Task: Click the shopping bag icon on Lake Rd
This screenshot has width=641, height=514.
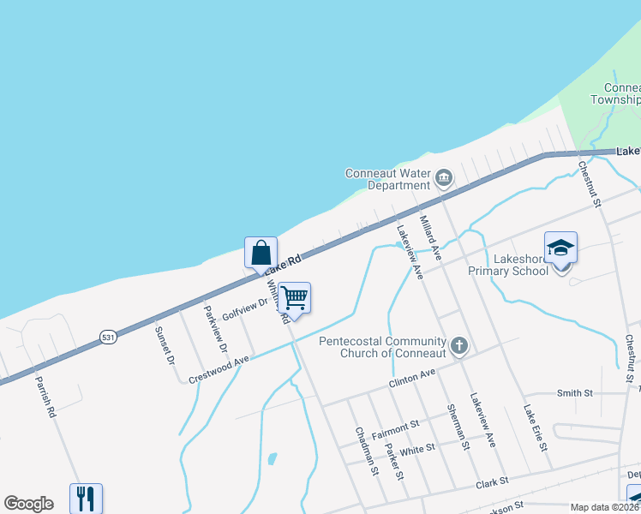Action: [x=261, y=254]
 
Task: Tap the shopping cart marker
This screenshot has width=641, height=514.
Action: [x=294, y=298]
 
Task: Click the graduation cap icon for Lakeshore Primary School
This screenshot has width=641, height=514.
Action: [x=560, y=248]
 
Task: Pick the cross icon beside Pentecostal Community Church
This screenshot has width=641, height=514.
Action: [x=459, y=346]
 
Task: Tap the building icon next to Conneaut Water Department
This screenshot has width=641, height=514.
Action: [x=443, y=178]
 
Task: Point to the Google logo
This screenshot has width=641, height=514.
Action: [x=28, y=504]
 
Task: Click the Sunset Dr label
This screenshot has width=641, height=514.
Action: [x=164, y=343]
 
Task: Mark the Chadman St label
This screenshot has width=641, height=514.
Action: [x=364, y=449]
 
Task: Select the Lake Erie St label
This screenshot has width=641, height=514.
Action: [x=536, y=428]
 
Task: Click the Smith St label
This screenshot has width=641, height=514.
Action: [x=575, y=393]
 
